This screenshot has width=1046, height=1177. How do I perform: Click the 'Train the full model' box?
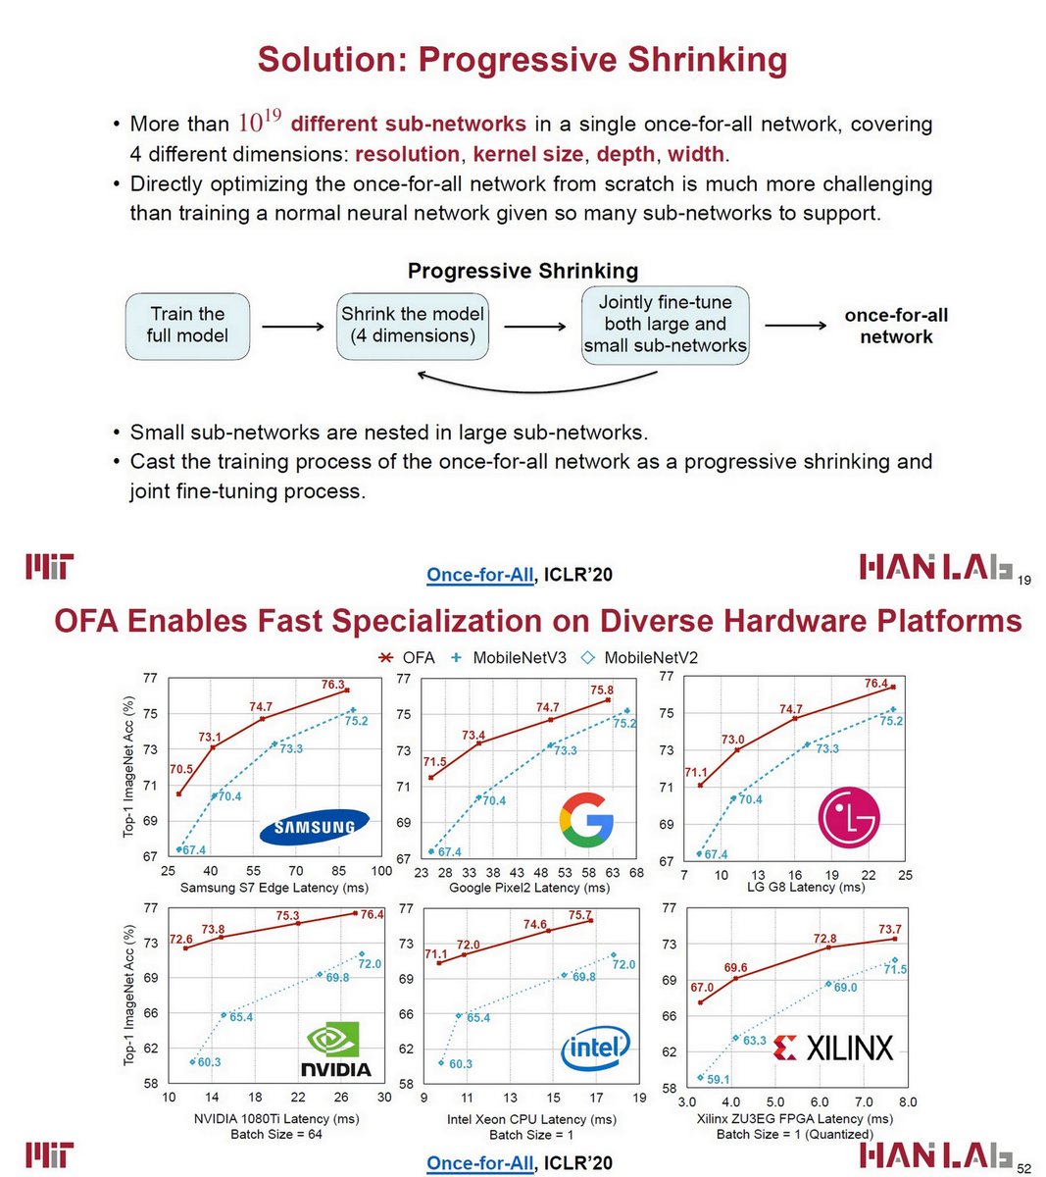pos(186,325)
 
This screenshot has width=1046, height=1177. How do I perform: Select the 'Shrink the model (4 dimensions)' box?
pos(413,325)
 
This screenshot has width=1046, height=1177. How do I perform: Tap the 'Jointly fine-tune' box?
pos(665,325)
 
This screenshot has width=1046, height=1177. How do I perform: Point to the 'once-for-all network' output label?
pos(896,326)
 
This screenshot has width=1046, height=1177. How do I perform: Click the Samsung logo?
pos(315,827)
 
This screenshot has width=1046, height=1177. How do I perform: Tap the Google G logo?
pos(585,820)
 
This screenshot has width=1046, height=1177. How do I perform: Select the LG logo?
pos(849,818)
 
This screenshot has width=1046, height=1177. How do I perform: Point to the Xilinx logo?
pos(833,1048)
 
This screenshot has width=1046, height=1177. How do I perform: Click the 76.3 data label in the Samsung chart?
pos(333,685)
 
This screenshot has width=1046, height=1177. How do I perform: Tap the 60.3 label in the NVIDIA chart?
pos(209,1062)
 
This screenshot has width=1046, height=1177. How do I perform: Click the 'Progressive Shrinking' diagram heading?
pos(523,271)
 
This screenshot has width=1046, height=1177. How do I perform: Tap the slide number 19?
pos(1024,580)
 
